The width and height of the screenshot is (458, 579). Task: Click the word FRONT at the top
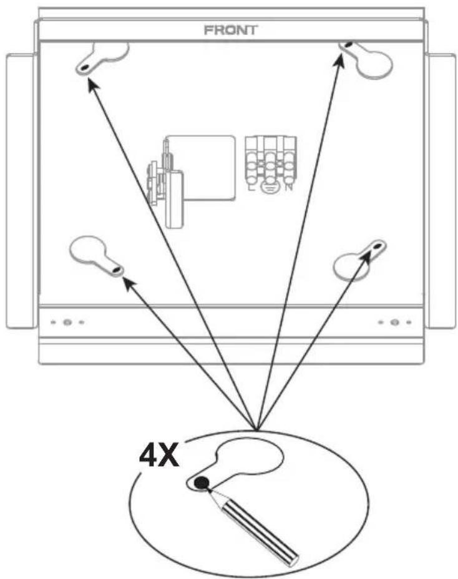tap(231, 30)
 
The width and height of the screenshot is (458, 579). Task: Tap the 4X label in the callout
tap(159, 455)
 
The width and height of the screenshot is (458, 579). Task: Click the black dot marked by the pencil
tap(202, 483)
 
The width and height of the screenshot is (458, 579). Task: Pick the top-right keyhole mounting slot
tap(367, 59)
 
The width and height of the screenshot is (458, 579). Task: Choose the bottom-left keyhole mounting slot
tap(96, 256)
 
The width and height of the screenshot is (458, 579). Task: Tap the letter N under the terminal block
tap(289, 187)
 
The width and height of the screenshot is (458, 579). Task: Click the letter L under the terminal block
tap(251, 187)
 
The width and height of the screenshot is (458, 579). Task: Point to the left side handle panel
tap(21, 191)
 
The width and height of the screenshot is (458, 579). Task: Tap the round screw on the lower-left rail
tap(67, 323)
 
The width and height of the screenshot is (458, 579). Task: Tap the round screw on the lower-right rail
tap(395, 323)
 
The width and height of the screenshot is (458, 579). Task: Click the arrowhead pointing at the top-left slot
tap(92, 85)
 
